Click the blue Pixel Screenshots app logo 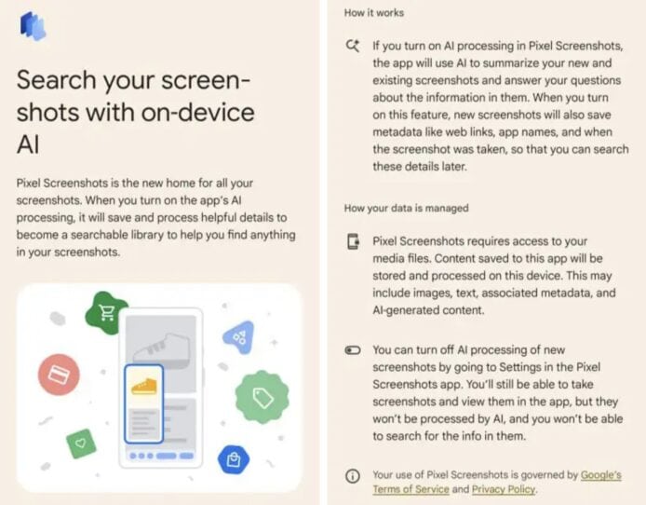click(x=33, y=26)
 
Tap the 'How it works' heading click(x=374, y=13)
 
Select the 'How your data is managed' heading click(x=406, y=208)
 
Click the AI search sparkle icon click(x=353, y=46)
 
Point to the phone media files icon click(x=353, y=241)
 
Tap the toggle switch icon click(x=353, y=350)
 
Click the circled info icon click(x=353, y=476)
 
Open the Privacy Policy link click(x=504, y=489)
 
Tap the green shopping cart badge click(x=106, y=313)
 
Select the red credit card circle click(x=59, y=375)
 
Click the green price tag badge click(x=262, y=397)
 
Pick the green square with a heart click(x=81, y=444)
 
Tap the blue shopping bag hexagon click(x=234, y=459)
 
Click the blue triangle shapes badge click(x=239, y=337)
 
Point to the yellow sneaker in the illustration click(x=144, y=387)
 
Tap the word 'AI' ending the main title click(x=28, y=144)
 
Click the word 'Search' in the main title click(x=57, y=79)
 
